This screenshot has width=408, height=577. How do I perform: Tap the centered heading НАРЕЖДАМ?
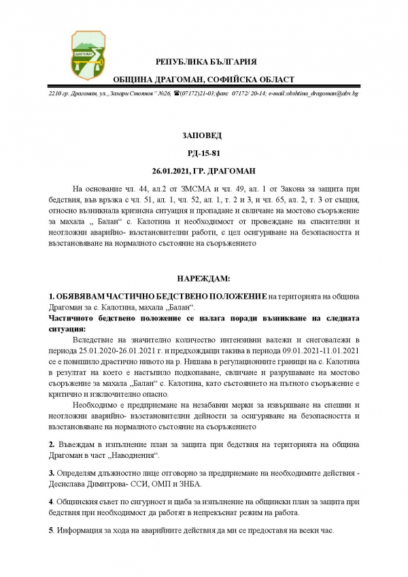tap(204, 279)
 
